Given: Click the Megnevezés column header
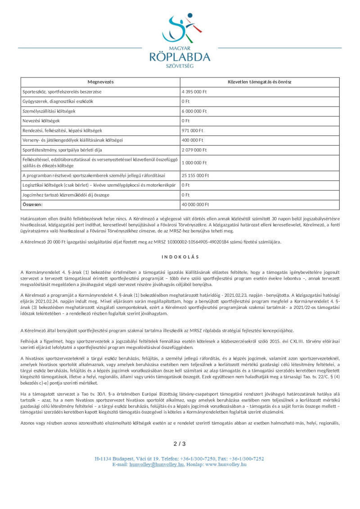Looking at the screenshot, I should click(x=100, y=82).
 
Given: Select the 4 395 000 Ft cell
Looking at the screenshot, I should click(x=194, y=92).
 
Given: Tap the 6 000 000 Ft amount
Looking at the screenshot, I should click(x=194, y=111).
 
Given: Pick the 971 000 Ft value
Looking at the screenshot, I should click(x=193, y=130).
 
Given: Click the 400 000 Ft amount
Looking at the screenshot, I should click(x=193, y=140).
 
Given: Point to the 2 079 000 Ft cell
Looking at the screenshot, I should click(x=194, y=150).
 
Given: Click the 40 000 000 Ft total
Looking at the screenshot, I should click(x=195, y=205).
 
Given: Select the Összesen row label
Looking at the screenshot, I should click(x=32, y=205).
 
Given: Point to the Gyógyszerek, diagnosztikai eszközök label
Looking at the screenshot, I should click(x=58, y=102).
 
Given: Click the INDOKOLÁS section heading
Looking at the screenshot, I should click(x=180, y=257).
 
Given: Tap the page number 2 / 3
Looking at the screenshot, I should click(x=180, y=444).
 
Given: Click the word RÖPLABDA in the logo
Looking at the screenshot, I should click(x=180, y=57).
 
